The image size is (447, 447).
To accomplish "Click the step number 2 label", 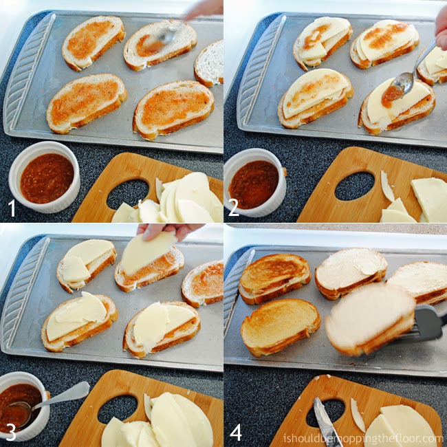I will (x=234, y=206).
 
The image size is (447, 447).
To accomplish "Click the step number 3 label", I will (x=11, y=432).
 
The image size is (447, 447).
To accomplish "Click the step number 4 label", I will (x=236, y=432).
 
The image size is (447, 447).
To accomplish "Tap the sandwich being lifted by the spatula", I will (x=369, y=318).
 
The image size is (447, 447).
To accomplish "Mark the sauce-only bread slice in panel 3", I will (x=204, y=283).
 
